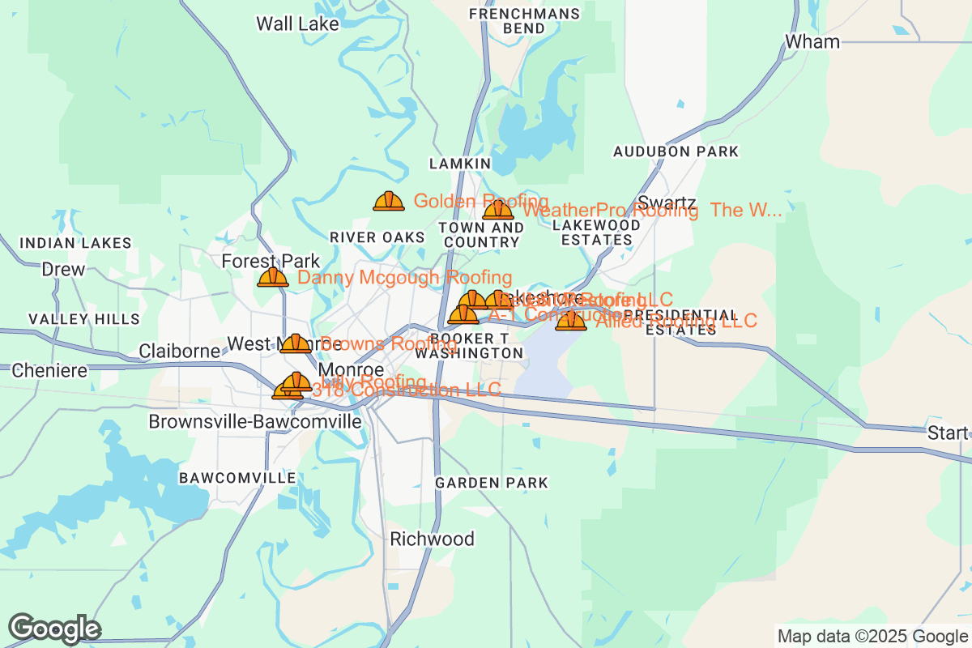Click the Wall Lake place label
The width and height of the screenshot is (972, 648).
pos(297,23)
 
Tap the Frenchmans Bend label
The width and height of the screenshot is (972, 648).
pos(524,21)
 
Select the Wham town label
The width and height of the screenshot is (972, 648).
pos(812,41)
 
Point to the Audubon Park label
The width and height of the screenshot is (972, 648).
pos(676,151)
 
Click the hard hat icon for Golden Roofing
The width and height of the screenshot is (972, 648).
pos(389,201)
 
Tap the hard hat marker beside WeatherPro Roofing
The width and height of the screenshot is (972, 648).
pos(497,211)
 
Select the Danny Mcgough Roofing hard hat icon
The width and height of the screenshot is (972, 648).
pos(273,278)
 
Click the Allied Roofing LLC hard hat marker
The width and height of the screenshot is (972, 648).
pos(571,321)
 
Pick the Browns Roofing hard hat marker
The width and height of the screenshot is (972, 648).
pos(295,343)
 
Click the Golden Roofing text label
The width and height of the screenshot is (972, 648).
pos(481,201)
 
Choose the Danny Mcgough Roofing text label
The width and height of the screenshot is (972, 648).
pos(404,278)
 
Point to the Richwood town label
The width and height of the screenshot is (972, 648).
pos(432,539)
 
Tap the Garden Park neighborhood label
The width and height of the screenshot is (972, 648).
pos(492,483)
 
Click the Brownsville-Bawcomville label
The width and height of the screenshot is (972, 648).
pos(254,421)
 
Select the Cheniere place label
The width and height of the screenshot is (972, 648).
pos(49,371)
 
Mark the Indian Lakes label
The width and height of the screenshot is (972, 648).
pos(75,243)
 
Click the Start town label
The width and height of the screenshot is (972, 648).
pos(947,433)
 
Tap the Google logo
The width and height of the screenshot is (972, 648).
pos(54,629)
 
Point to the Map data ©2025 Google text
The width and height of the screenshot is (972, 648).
pos(872,636)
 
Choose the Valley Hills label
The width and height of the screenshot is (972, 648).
pos(84,319)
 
